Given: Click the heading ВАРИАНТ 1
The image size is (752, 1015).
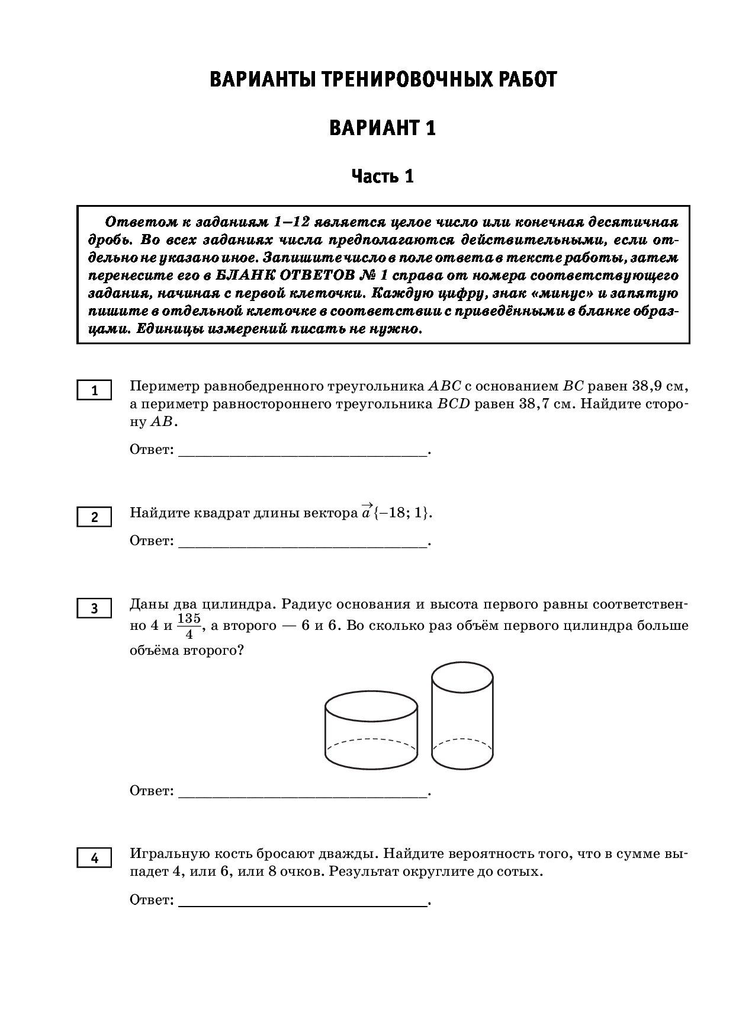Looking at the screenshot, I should pos(383,128).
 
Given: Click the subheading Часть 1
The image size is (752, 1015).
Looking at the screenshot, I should pos(383,176).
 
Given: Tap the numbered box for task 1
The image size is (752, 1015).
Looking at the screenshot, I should pos(94,391).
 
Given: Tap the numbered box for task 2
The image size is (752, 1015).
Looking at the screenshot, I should pos(94,517).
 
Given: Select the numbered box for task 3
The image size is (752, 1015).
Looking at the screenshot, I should pos(94,608).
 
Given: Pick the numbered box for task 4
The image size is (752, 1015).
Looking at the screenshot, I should pos(94,857).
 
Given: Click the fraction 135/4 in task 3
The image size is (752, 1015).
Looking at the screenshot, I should pos(189,626).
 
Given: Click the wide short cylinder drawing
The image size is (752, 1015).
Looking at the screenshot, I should pos(371,731).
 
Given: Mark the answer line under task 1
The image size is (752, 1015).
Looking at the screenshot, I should pos(302,454).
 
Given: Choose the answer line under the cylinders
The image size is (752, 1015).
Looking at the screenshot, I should pos(302,795).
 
